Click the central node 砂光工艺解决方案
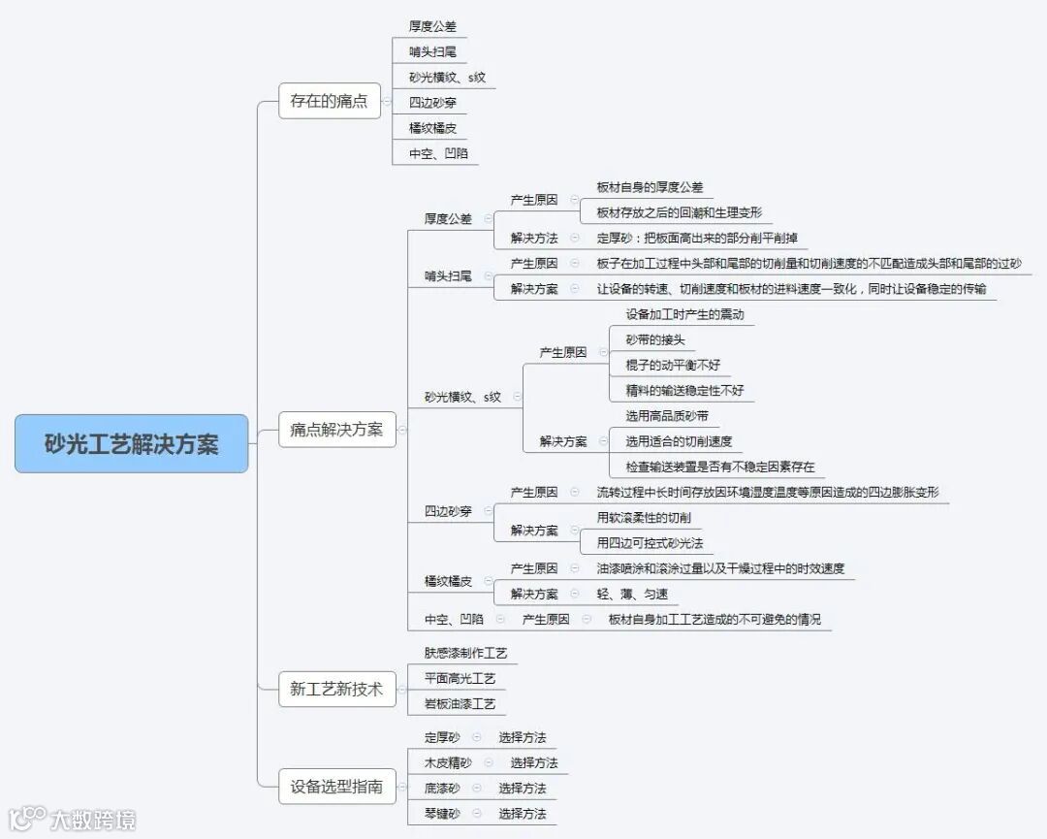(x=132, y=444)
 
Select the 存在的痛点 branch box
(x=329, y=101)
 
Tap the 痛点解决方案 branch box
(x=336, y=430)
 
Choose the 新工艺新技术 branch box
(x=336, y=690)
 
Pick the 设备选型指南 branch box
(x=336, y=787)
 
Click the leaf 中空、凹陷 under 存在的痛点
(x=438, y=153)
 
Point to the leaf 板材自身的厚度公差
(x=650, y=187)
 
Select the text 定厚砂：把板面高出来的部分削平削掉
(x=697, y=238)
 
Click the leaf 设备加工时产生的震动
(x=684, y=314)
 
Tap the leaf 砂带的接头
(x=655, y=339)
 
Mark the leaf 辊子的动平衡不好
(x=673, y=366)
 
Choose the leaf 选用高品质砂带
(x=667, y=416)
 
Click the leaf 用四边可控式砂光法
(x=650, y=542)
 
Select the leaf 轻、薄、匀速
(x=632, y=594)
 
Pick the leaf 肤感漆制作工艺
(x=465, y=653)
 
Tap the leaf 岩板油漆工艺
(x=460, y=703)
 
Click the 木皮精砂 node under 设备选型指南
(x=448, y=762)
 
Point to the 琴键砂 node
(x=442, y=813)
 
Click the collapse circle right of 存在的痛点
(x=387, y=101)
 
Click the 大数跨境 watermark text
(x=93, y=820)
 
